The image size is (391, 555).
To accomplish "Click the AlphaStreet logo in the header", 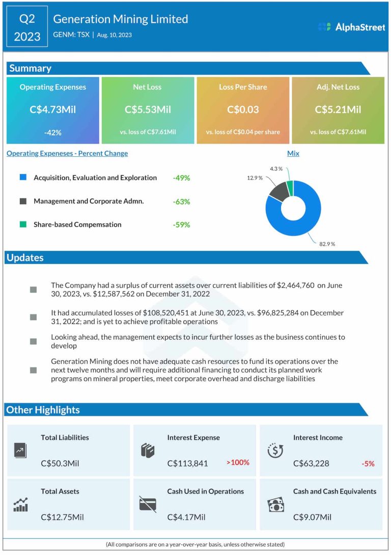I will tap(351, 27).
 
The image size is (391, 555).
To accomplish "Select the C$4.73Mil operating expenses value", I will tap(53, 109).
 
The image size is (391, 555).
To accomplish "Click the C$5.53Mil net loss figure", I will tap(148, 109).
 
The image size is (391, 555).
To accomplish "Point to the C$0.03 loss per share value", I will tap(243, 109).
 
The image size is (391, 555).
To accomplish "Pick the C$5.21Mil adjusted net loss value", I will tap(338, 109).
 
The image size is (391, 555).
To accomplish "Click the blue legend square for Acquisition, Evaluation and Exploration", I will tap(23, 178).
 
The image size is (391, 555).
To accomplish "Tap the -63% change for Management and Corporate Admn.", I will tap(181, 201).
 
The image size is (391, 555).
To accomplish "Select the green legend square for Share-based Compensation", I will tap(23, 224).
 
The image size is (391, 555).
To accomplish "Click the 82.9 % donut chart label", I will tap(327, 244).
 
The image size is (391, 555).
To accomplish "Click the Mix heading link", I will tap(293, 153).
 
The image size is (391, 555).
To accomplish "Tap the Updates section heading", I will tap(25, 257).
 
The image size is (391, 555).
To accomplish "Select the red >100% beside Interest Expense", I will tap(238, 462).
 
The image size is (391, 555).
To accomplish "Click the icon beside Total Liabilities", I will tap(20, 450).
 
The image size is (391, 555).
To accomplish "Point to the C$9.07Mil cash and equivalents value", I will tap(312, 517).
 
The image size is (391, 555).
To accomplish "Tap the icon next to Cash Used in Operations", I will tap(148, 504).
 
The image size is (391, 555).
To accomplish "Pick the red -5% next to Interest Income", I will tap(368, 463).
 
